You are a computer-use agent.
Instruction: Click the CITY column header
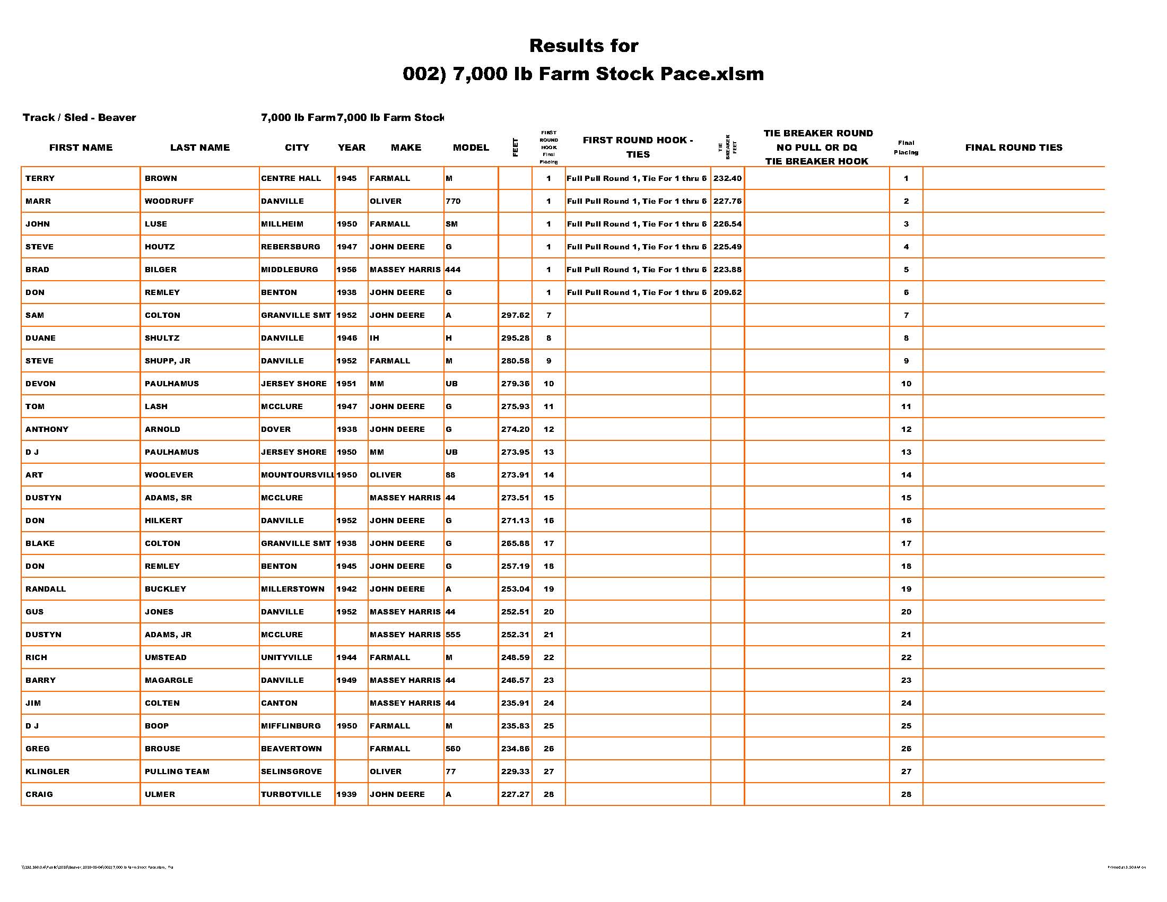click(297, 148)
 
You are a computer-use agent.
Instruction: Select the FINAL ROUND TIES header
click(1013, 148)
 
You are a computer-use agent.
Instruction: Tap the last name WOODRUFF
click(169, 202)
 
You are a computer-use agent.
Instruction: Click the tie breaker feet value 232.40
click(727, 178)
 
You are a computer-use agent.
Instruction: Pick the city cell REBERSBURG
click(290, 247)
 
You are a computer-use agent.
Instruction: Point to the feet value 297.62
click(515, 315)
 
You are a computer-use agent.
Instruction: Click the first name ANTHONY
click(47, 429)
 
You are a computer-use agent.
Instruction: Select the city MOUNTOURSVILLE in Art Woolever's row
click(297, 475)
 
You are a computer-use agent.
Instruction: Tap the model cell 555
click(452, 635)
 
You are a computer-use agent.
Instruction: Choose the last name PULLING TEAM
click(177, 771)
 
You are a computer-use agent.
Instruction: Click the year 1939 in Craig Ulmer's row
click(346, 795)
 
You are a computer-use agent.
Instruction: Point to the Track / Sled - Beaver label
click(79, 118)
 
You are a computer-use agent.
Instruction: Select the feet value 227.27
click(515, 795)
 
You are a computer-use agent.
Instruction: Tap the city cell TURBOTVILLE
click(291, 795)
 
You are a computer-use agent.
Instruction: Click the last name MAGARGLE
click(169, 680)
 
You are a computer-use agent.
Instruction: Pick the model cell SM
click(451, 224)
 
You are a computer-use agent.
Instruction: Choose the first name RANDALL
click(46, 589)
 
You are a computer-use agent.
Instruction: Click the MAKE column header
click(406, 148)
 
